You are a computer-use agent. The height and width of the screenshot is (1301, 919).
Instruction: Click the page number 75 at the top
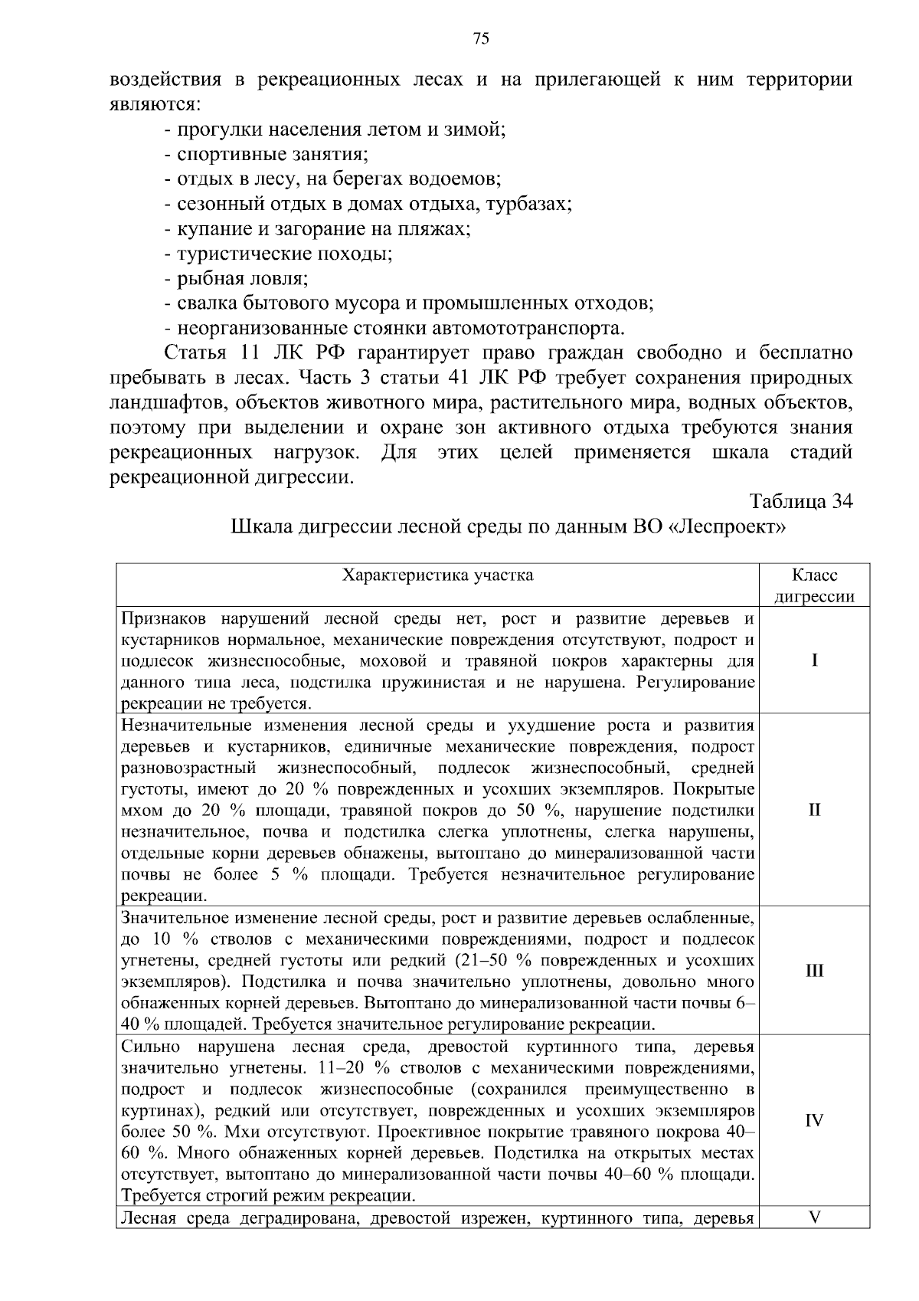tap(481, 39)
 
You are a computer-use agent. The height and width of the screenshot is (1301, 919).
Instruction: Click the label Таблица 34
tap(801, 501)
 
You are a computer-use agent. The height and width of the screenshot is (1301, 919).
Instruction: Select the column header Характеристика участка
tap(437, 575)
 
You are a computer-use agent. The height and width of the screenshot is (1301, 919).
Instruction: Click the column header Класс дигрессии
tap(814, 585)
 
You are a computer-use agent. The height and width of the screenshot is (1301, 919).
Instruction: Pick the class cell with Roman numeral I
tap(814, 660)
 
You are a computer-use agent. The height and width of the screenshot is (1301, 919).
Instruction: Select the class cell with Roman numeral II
tap(814, 810)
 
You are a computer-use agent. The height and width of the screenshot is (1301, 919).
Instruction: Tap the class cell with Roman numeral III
tap(814, 971)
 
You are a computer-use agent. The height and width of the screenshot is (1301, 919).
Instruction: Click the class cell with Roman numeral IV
tap(814, 1120)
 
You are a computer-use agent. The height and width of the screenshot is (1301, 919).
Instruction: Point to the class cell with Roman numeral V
tap(814, 1217)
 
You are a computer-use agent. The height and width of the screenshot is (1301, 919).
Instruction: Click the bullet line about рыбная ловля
tap(236, 279)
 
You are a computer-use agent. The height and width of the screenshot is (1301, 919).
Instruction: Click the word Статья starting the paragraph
tap(195, 353)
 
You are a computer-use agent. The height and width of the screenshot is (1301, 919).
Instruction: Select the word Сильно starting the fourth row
tap(150, 1047)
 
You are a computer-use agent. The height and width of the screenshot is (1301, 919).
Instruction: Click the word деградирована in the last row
tap(294, 1218)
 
